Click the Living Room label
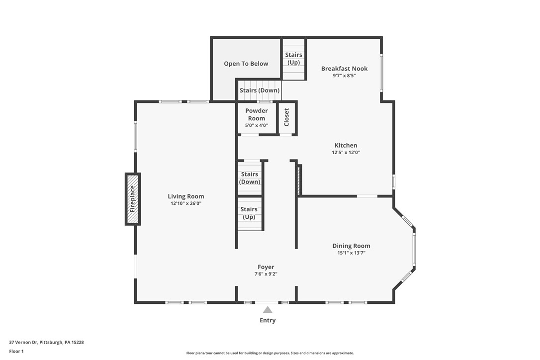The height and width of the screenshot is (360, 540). coord(185,196)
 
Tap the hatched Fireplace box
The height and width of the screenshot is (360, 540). coord(132,199)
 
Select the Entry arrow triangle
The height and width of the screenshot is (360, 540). coord(268,310)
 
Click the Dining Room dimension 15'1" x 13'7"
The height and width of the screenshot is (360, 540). coord(351,253)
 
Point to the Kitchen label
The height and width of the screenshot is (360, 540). coord(346,145)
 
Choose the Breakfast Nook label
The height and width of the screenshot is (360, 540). coord(344,69)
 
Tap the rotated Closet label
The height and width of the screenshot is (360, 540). coord(286,117)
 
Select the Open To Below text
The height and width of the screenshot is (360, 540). coord(246,64)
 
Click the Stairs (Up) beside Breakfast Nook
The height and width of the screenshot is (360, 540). coord(293,59)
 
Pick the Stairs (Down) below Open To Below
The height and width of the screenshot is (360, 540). coord(260,90)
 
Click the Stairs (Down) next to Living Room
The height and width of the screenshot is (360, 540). coord(250,178)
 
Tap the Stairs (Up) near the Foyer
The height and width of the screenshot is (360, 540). coord(249,213)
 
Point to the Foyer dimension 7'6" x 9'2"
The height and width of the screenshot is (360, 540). coord(266,274)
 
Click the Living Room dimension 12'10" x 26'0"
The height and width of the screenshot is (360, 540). coord(185,203)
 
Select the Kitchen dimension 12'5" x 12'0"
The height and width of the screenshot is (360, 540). coord(346,153)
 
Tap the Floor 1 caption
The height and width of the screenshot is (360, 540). coord(16,351)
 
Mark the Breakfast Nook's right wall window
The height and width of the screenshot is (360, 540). coord(381,72)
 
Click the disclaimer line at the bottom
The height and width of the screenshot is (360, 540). coord(270,353)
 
